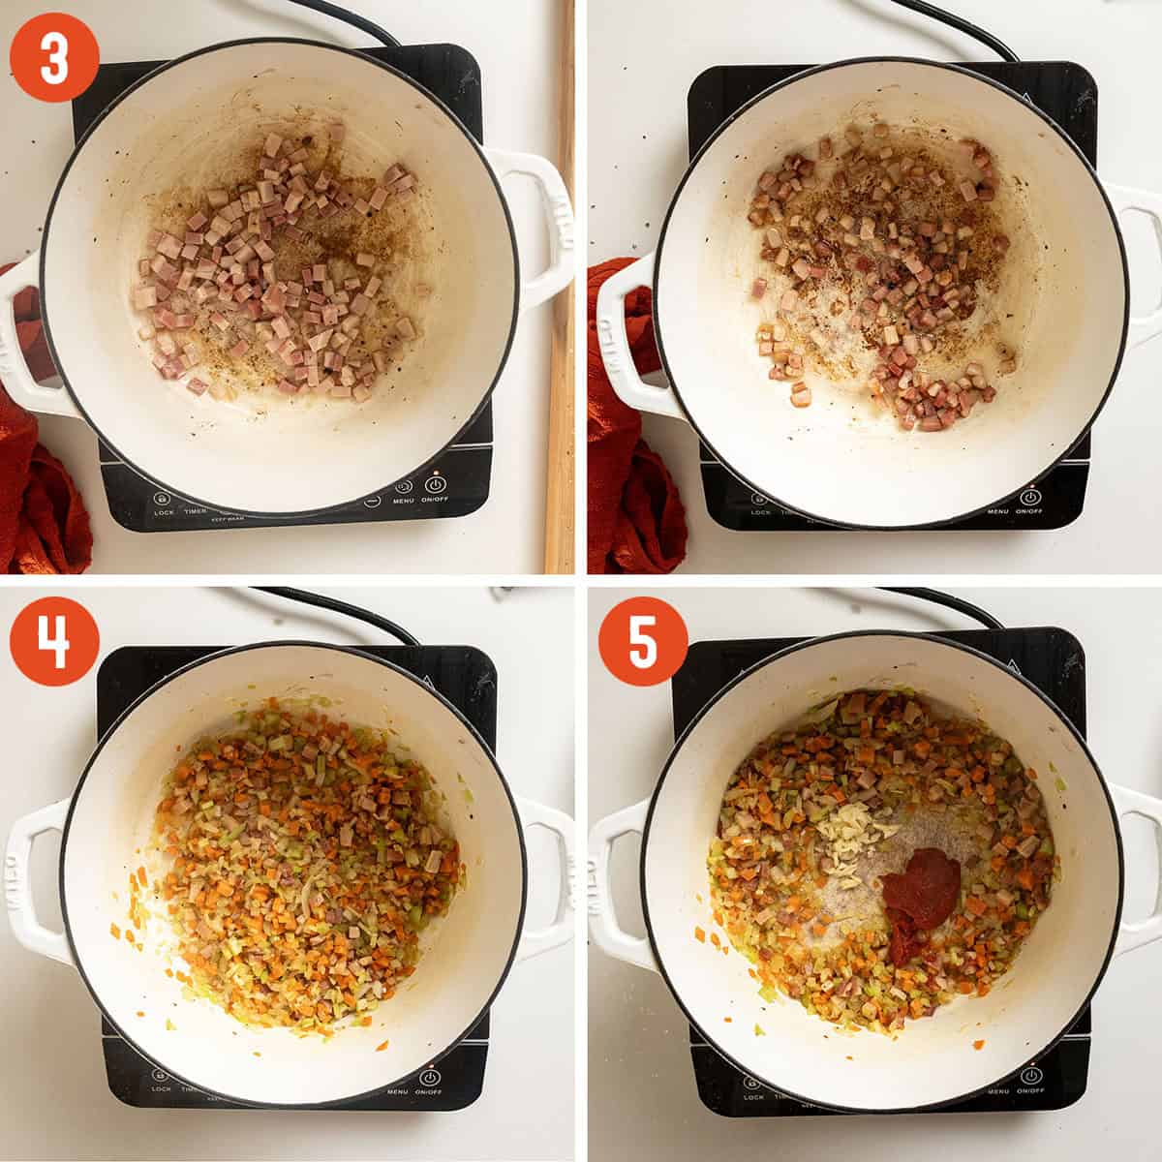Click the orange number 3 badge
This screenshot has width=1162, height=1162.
point(54,57)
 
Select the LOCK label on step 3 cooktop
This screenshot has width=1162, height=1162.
point(164,511)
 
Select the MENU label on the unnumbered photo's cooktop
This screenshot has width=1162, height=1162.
point(997,510)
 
